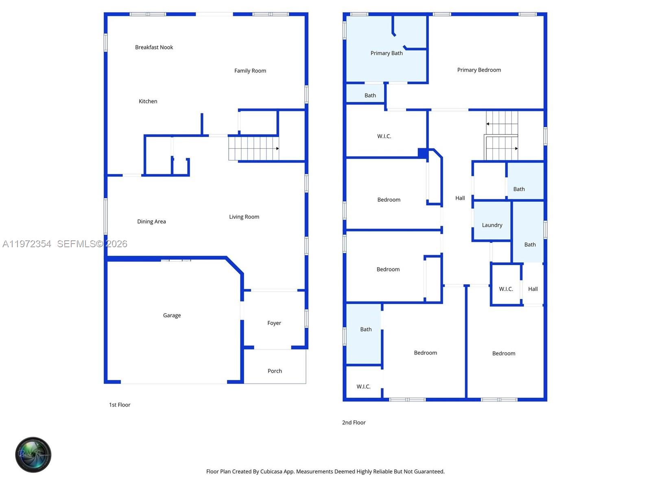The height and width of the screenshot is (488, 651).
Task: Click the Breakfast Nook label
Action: [154, 47]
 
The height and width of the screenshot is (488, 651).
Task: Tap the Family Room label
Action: [250, 71]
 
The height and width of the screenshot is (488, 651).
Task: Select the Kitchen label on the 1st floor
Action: [148, 101]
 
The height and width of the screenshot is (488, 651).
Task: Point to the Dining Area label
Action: [151, 222]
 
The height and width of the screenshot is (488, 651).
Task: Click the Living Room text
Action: [244, 217]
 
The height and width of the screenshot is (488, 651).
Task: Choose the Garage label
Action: [172, 315]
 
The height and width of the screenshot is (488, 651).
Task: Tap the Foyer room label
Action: [274, 323]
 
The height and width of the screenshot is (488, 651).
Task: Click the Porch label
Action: [275, 371]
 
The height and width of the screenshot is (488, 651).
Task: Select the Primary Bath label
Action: [386, 53]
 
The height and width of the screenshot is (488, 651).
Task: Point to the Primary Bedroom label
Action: [479, 70]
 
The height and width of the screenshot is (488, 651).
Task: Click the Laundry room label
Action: [492, 225]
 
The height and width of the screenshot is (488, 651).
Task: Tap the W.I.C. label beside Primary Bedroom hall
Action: [384, 136]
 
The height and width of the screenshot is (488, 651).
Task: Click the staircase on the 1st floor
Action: [253, 148]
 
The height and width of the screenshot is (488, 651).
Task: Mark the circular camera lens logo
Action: [33, 455]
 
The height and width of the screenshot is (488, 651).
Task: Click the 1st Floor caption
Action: [120, 405]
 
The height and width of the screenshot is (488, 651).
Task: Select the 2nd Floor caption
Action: [354, 423]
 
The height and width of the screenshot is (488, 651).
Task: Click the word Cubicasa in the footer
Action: [271, 472]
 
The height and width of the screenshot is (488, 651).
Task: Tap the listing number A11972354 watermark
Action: [27, 244]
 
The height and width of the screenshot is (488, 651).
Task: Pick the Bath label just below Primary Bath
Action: [370, 96]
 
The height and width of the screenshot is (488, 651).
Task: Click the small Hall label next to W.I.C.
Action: [533, 289]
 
